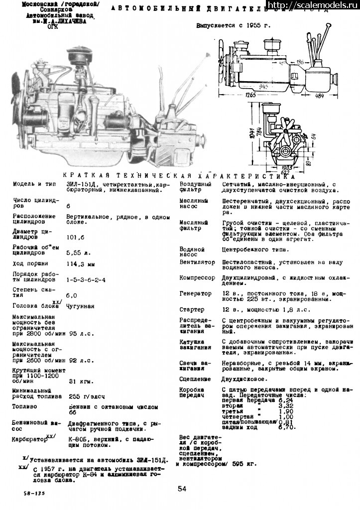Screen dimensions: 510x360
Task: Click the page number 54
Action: pos(182,489)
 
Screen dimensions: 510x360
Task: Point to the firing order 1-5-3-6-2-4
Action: pos(86,280)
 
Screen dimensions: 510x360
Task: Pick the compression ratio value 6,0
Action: pos(72,296)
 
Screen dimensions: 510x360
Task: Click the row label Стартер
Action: pos(192,310)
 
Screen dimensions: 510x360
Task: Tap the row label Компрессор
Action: pos(197,278)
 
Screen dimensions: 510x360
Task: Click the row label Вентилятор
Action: pos(197,262)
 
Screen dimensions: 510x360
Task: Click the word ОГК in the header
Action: pos(52,26)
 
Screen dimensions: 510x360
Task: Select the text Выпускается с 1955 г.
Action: pos(233,26)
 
